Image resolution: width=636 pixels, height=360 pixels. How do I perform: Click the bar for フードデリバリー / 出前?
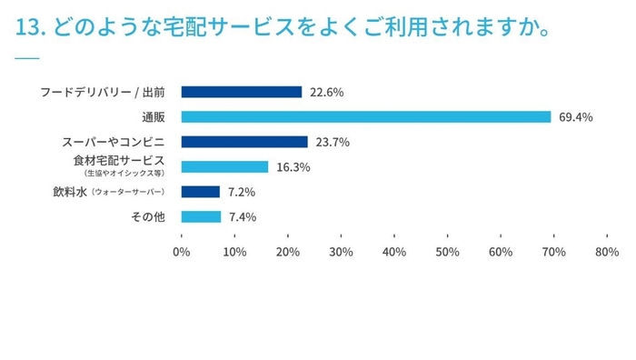click(x=241, y=92)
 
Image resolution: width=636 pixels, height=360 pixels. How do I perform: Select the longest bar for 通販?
click(x=366, y=116)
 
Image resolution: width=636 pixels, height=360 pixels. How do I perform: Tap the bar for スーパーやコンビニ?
click(x=244, y=142)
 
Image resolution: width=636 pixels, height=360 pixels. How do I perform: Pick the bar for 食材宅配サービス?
click(x=224, y=166)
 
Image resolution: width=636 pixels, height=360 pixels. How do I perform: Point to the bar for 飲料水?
click(x=201, y=192)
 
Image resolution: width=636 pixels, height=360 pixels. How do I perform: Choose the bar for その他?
click(x=201, y=216)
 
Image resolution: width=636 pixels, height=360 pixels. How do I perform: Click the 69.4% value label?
click(x=574, y=116)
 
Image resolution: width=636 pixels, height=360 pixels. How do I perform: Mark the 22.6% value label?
click(x=325, y=92)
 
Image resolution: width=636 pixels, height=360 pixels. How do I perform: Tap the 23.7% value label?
click(x=332, y=142)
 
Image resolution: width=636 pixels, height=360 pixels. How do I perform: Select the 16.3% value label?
click(x=293, y=166)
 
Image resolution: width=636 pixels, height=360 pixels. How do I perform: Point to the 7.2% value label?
click(x=241, y=192)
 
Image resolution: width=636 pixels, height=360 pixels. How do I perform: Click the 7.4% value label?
click(x=242, y=216)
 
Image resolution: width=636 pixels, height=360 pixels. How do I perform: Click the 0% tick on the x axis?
click(x=182, y=251)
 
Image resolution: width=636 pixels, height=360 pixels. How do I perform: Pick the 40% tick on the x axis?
click(x=394, y=251)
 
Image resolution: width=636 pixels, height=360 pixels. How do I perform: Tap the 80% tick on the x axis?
click(x=606, y=251)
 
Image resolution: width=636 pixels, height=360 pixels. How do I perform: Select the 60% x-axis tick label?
click(x=500, y=251)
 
